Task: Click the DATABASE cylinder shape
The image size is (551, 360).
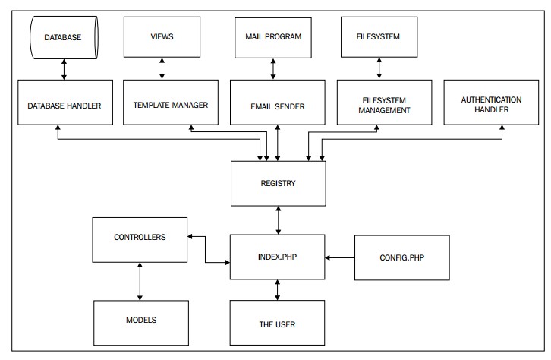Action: pos(64,37)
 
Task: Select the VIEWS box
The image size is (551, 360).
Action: pos(162,37)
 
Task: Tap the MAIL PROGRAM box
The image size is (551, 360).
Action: pos(273,38)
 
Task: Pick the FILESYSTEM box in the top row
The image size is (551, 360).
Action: pos(379,37)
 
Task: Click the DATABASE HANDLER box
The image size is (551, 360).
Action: pos(65,103)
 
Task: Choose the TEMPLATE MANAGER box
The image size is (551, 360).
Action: pos(171,103)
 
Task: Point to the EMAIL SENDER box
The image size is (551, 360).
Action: pos(278,103)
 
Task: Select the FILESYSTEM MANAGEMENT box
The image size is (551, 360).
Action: pos(385,103)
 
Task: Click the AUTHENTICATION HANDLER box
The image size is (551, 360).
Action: pos(491,103)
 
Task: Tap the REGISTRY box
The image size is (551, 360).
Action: pos(279,184)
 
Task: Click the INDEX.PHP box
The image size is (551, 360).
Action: pos(278,257)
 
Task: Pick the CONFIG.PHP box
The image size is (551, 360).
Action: pos(402,257)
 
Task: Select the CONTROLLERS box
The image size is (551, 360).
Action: pos(140,240)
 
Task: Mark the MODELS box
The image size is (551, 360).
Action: pos(141,323)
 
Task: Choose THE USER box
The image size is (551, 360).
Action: pos(277,323)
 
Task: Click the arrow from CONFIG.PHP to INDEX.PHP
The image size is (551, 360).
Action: pos(340,257)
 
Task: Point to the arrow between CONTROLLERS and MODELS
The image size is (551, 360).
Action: pos(140,281)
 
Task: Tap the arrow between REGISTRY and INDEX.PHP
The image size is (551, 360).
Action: pos(279,220)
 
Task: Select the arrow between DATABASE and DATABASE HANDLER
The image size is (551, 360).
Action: pos(64,69)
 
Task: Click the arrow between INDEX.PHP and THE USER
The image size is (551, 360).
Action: pos(277,290)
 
